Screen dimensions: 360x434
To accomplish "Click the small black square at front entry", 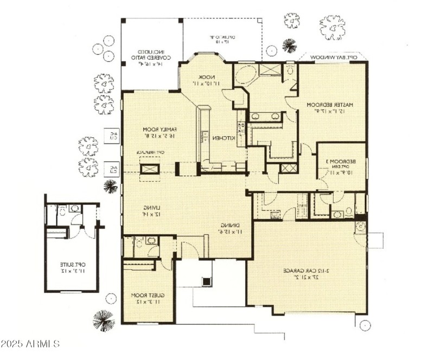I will (x=206, y=281).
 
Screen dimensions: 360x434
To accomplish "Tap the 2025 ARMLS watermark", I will (x=30, y=344).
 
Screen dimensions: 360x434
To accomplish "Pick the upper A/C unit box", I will (x=112, y=136).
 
